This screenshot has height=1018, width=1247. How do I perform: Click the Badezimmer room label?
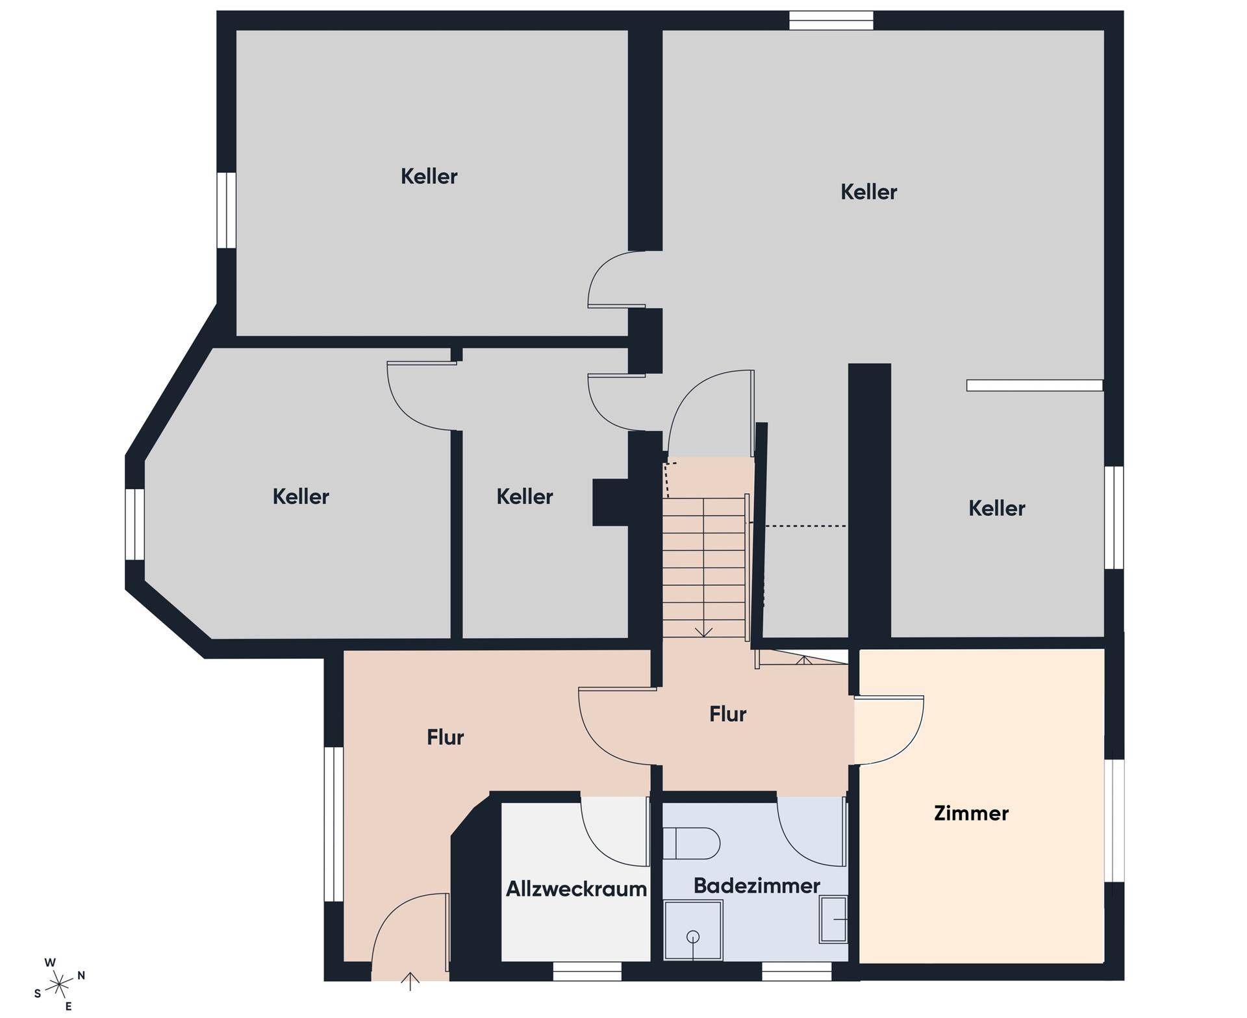pos(757,885)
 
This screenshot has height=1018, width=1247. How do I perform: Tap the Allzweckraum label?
pos(576,889)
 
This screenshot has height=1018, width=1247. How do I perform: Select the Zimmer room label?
pos(971,813)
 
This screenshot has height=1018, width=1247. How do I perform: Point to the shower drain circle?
pos(693,937)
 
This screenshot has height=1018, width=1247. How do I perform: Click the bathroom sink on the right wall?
pos(833,919)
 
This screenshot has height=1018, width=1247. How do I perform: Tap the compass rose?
pos(59,985)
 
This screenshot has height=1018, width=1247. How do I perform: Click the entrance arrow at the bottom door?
pos(410,981)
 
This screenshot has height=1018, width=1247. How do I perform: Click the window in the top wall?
pos(831,21)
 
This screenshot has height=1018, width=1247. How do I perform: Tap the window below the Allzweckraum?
pos(587,971)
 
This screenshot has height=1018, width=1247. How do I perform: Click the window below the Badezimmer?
pos(797,971)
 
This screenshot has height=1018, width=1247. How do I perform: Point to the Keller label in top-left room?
pos(429,176)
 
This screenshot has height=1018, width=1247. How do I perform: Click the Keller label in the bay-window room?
pos(301,496)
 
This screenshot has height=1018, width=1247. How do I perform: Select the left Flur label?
pos(446,737)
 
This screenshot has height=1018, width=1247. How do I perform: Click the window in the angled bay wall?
pos(134,524)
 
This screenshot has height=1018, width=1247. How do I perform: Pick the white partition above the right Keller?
pos(1035,385)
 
